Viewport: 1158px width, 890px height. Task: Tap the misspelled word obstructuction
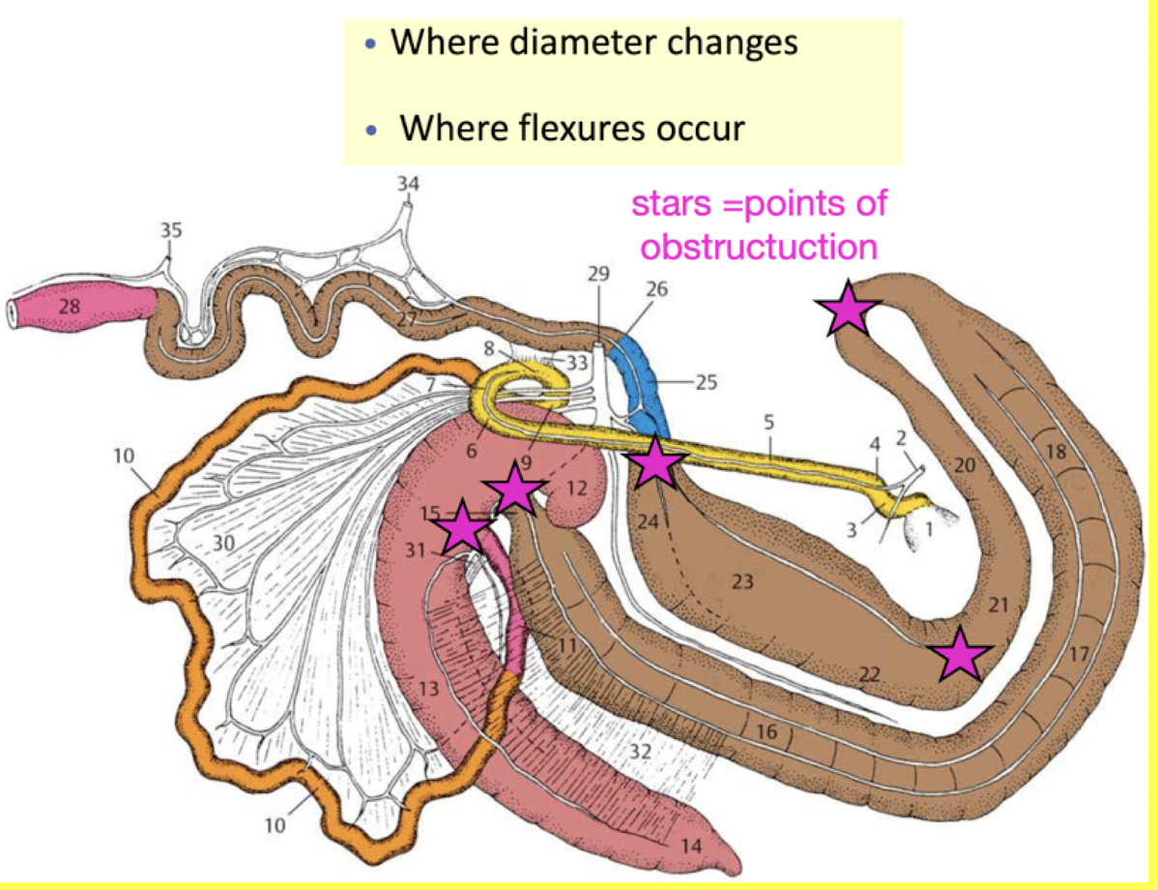(x=759, y=247)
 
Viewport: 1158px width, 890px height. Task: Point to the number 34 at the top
(x=410, y=183)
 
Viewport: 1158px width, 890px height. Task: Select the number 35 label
(x=170, y=231)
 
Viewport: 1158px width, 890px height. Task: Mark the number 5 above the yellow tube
(x=769, y=422)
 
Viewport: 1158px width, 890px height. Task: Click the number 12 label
(x=576, y=489)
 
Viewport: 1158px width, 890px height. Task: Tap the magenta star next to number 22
(x=960, y=654)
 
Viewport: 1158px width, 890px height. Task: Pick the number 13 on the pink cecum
(x=428, y=688)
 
